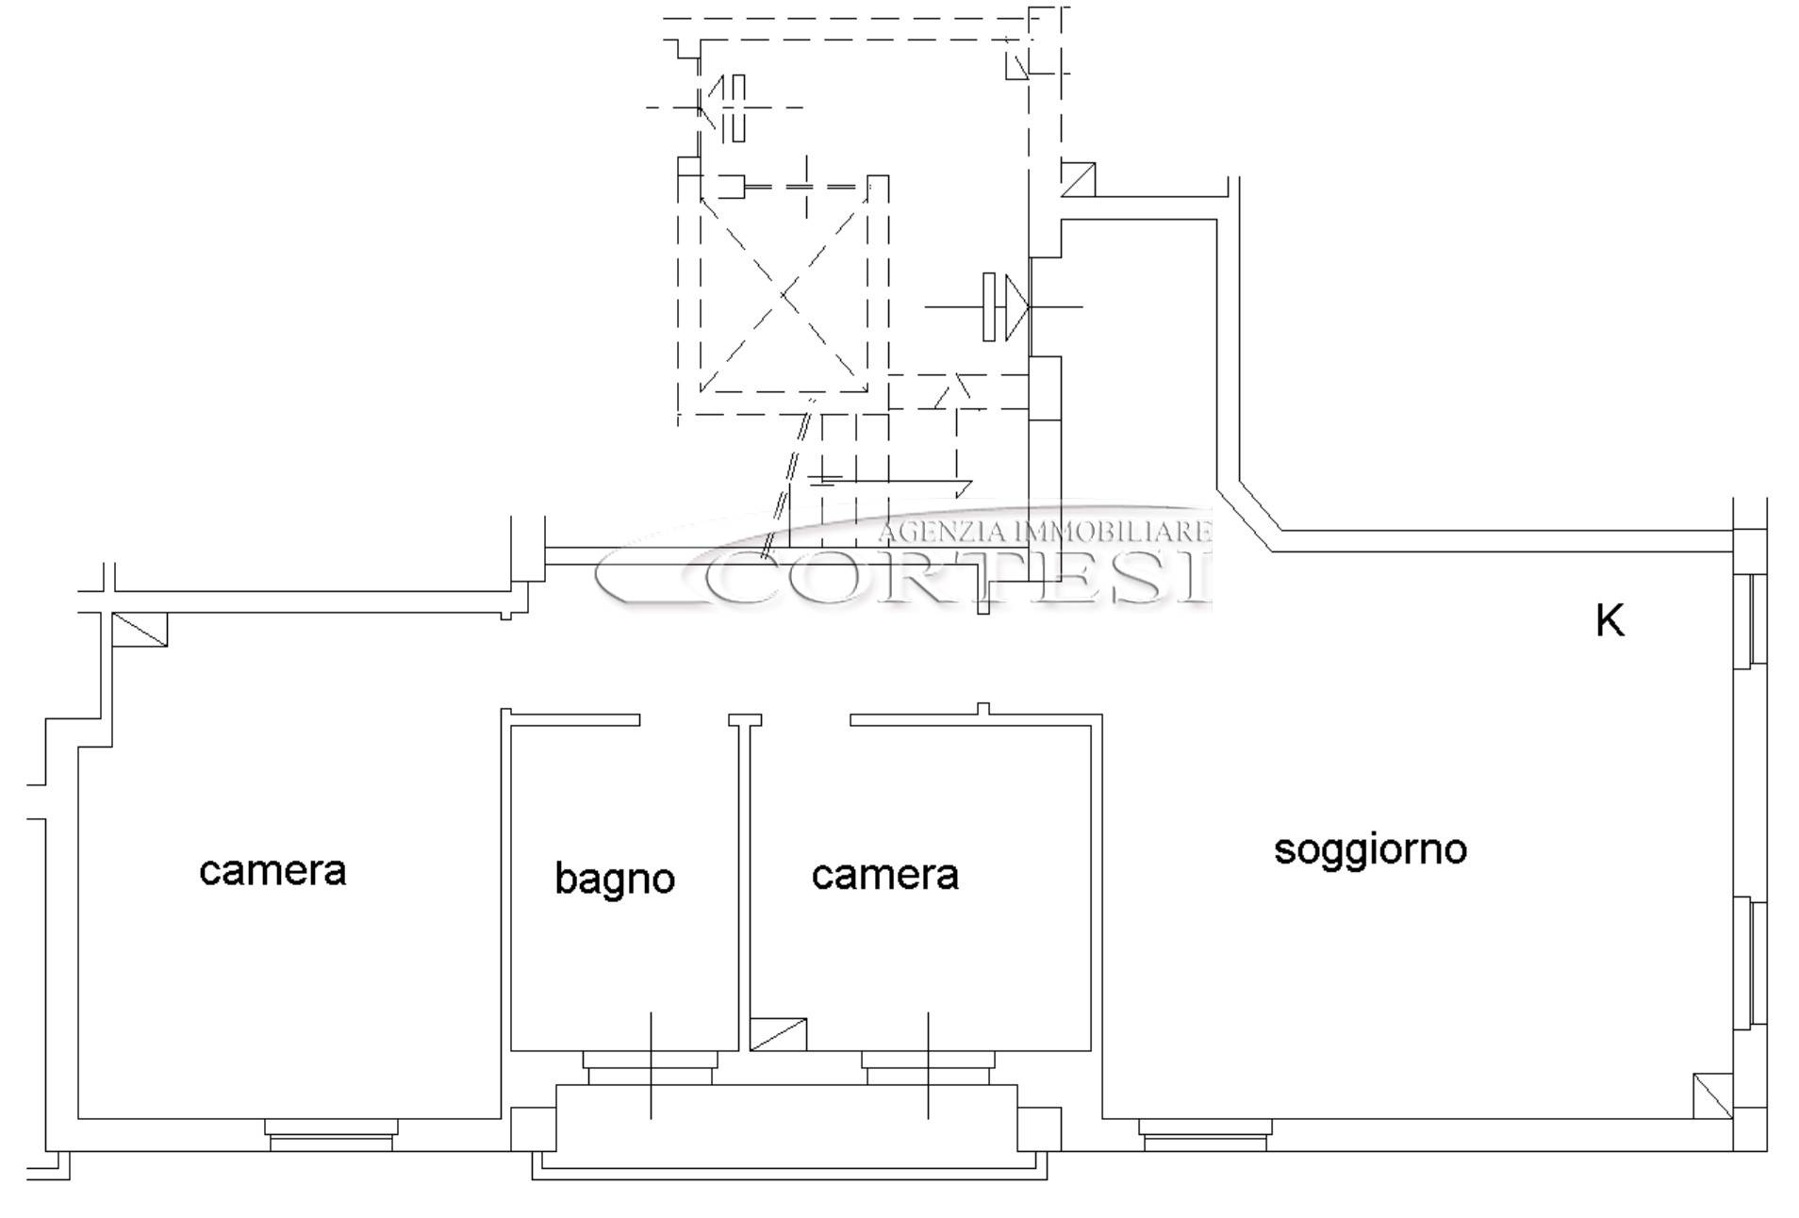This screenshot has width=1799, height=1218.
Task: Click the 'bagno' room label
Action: (x=615, y=880)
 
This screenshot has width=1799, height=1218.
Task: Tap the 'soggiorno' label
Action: (x=1370, y=850)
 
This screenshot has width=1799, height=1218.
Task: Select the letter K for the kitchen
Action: (x=1609, y=621)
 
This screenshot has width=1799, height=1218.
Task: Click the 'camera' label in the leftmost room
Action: (x=272, y=871)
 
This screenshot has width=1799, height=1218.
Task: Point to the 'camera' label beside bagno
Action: (x=884, y=876)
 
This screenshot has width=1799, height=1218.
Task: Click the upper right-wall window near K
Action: (x=1749, y=621)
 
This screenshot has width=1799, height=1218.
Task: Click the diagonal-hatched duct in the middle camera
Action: (x=778, y=1034)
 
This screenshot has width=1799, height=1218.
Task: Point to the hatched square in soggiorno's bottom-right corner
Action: (x=1712, y=1096)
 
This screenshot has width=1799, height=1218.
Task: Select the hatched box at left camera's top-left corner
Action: (x=140, y=630)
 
